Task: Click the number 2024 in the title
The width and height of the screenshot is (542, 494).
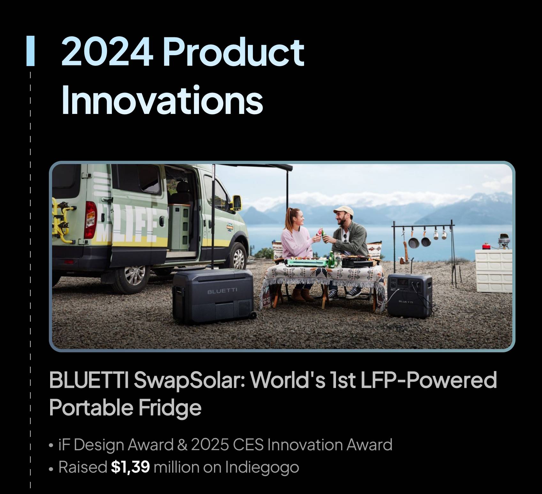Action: click(x=107, y=51)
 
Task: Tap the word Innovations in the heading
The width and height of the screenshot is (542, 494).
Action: click(x=162, y=100)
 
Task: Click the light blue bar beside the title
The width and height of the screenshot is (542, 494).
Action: click(x=30, y=51)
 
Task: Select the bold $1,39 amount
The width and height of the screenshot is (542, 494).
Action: click(x=130, y=467)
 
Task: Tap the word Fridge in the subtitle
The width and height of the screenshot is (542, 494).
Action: click(x=170, y=408)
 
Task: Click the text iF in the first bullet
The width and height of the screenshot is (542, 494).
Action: click(x=64, y=445)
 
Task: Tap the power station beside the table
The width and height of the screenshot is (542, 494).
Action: click(x=410, y=295)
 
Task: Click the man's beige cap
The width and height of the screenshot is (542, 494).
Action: click(x=343, y=211)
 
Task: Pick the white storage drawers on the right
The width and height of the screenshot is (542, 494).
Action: click(x=494, y=271)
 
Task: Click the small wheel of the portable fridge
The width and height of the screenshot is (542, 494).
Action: click(x=252, y=315)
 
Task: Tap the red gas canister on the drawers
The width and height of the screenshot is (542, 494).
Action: click(x=486, y=246)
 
